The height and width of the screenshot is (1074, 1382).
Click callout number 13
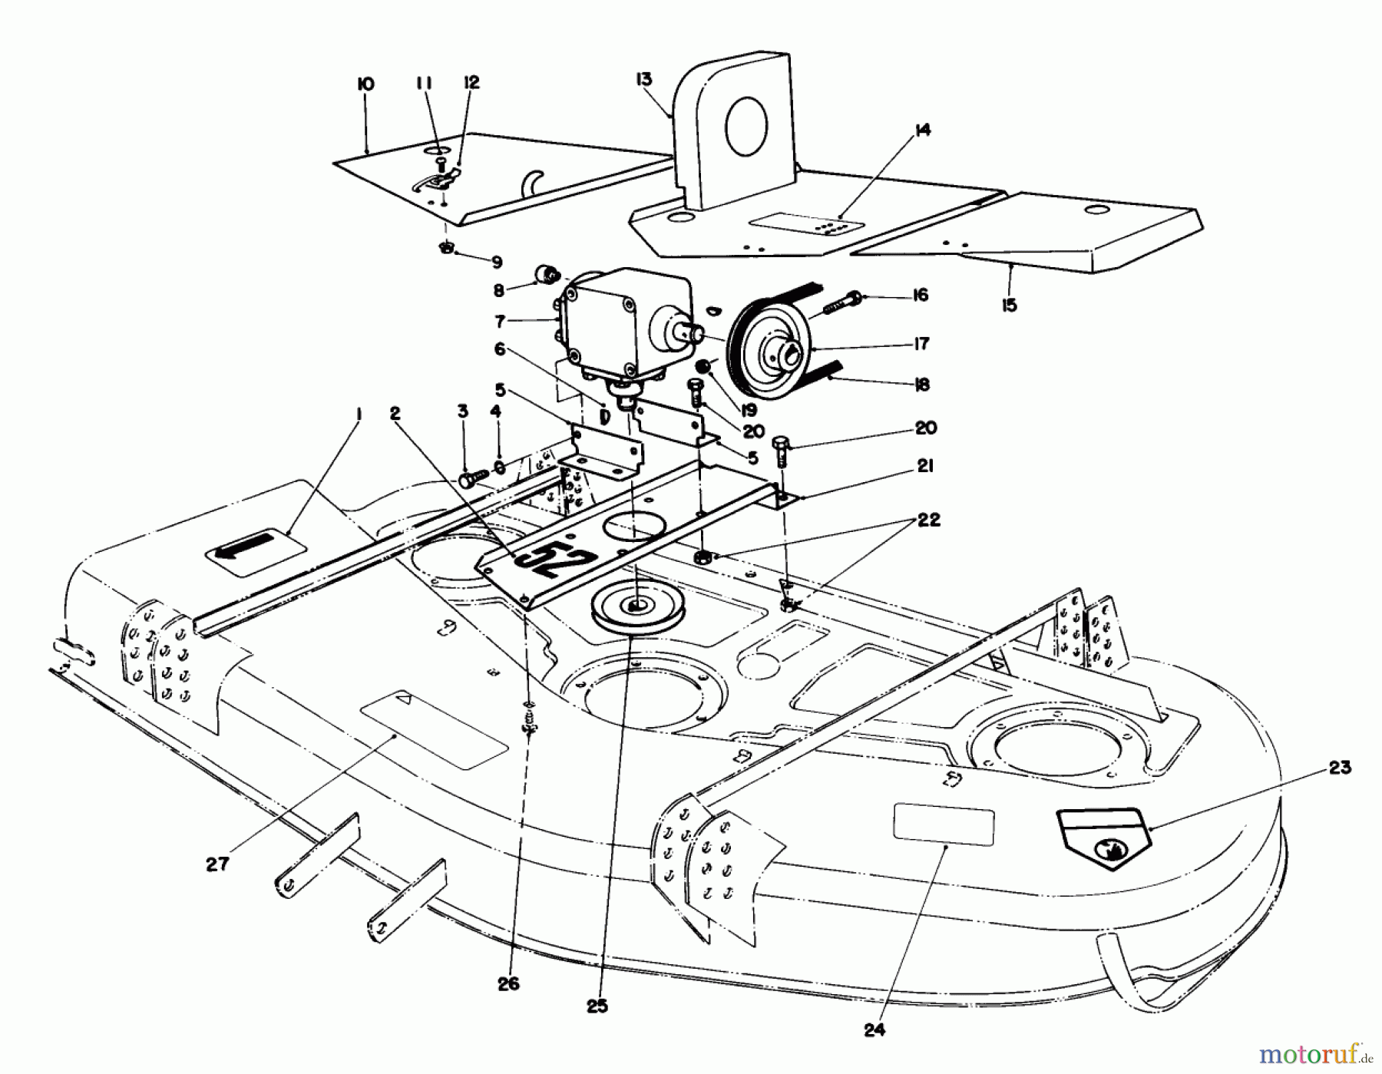coord(643,79)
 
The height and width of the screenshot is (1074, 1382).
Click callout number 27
coord(217,864)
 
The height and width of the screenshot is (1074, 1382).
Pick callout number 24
coord(874,1030)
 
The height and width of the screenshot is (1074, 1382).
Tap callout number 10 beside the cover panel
coord(365,84)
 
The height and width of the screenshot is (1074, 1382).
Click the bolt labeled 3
coord(469,479)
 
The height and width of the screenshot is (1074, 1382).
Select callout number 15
coord(1009,305)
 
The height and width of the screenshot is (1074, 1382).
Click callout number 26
coord(508,983)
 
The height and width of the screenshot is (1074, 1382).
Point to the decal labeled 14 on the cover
coord(806,225)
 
